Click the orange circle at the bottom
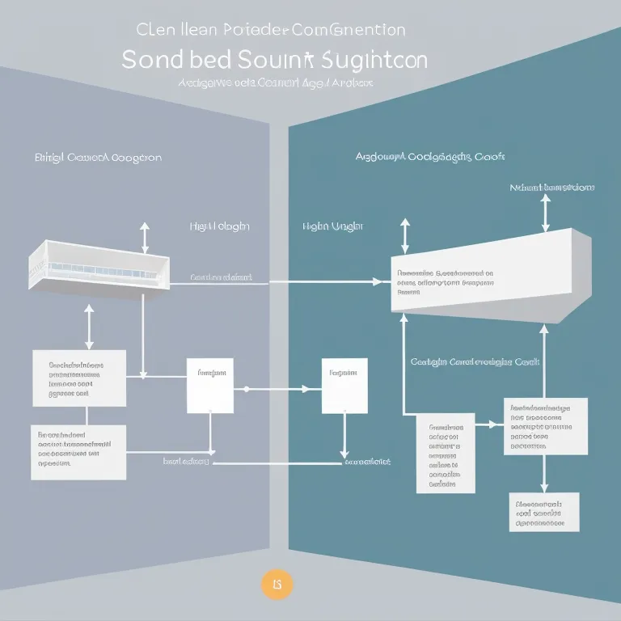[277, 583]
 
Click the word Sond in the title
[157, 60]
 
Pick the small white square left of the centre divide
[210, 385]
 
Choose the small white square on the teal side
[344, 385]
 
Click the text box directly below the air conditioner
[79, 378]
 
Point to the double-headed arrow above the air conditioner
[145, 238]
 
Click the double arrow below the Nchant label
[547, 212]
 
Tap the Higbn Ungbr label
[332, 227]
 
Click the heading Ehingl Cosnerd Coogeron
[98, 157]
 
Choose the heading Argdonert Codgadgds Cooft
[436, 156]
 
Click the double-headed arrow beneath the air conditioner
[89, 326]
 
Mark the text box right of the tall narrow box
[539, 426]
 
